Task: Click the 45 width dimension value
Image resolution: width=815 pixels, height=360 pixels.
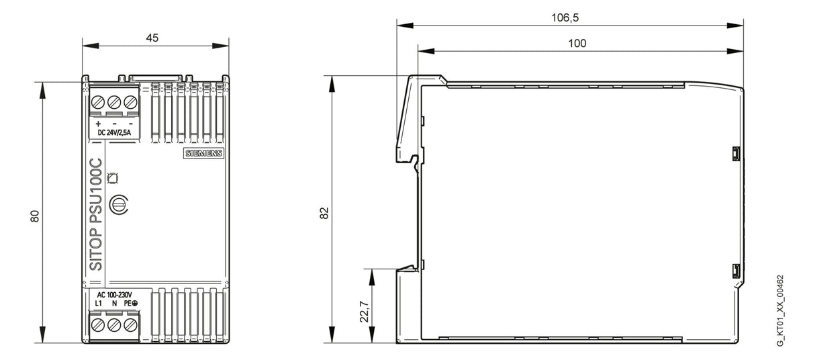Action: click(152, 38)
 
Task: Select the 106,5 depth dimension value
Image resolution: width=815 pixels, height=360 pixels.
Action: click(565, 17)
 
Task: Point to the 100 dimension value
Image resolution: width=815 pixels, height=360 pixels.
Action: click(577, 43)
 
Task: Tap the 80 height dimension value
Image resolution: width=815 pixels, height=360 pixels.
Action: click(34, 216)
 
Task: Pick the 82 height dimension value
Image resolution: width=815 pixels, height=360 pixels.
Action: click(324, 213)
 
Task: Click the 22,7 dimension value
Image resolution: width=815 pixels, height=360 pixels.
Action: click(365, 312)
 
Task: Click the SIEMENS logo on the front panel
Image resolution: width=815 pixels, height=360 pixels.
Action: click(204, 153)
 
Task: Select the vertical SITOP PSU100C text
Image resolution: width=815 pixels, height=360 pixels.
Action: click(96, 215)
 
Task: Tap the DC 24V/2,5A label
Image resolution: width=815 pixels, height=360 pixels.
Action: click(114, 132)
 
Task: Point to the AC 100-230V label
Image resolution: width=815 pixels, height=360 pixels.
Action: click(115, 295)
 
